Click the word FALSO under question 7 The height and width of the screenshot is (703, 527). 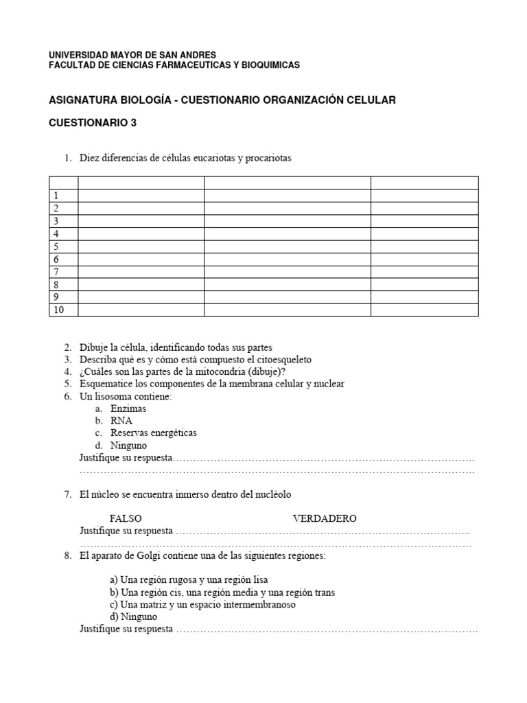click(x=126, y=518)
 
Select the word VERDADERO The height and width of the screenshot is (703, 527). click(x=325, y=518)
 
